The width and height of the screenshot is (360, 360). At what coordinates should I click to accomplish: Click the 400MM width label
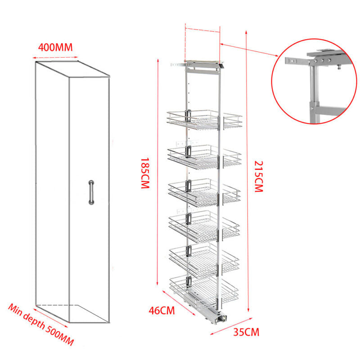click(55, 47)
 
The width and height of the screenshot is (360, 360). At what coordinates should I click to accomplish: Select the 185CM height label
click(144, 173)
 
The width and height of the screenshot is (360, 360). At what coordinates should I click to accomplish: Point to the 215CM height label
click(257, 176)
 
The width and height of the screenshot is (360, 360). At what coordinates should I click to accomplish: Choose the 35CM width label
click(246, 333)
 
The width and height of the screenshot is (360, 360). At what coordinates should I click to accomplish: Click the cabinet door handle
click(91, 192)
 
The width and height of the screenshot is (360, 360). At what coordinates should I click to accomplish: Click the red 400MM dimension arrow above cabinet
click(55, 57)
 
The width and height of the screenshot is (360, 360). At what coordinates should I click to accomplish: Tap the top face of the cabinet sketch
click(72, 72)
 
